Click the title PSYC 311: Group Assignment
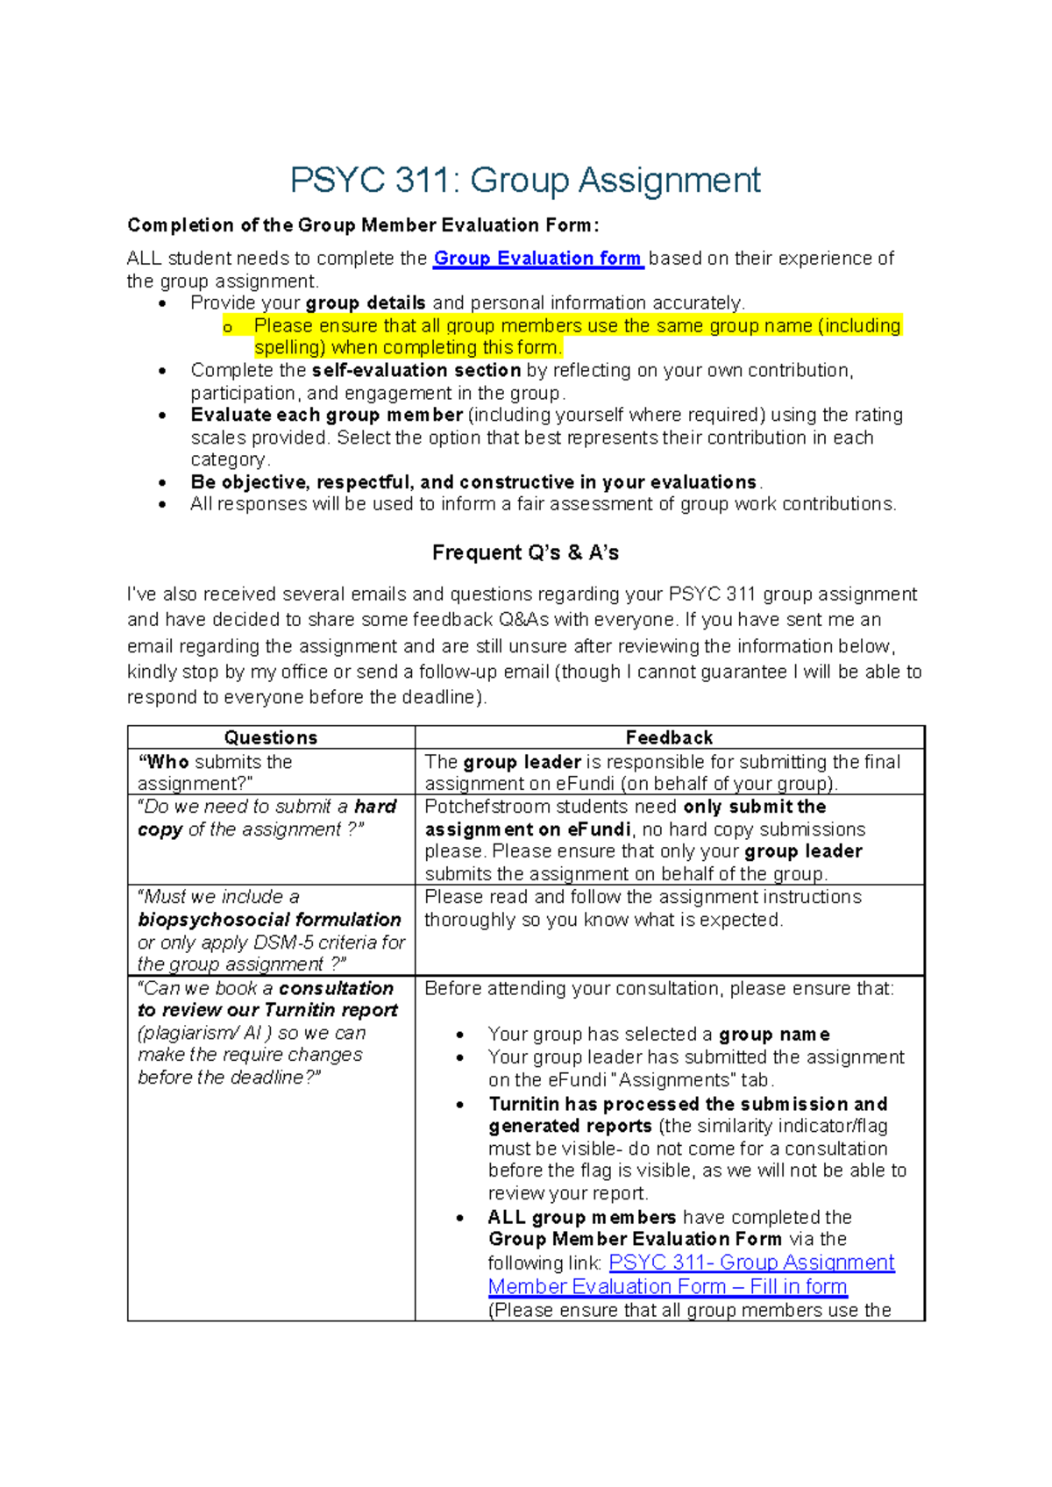tap(525, 181)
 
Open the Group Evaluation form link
tap(537, 259)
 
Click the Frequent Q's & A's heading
tap(525, 553)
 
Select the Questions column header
tap(270, 737)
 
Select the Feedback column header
tap(669, 737)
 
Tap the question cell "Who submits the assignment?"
tap(215, 772)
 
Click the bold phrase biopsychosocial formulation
tap(269, 920)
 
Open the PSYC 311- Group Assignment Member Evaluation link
tap(751, 1263)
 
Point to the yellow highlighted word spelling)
tap(289, 348)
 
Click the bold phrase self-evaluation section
tap(416, 371)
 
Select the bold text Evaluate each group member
tap(326, 416)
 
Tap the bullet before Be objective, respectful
tap(162, 483)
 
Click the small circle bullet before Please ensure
tap(228, 328)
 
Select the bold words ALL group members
tap(581, 1218)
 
